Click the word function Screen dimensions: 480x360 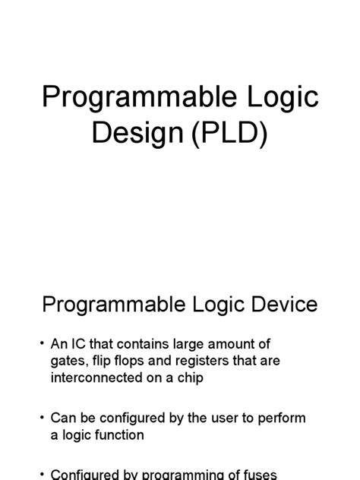pyautogui.click(x=118, y=435)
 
